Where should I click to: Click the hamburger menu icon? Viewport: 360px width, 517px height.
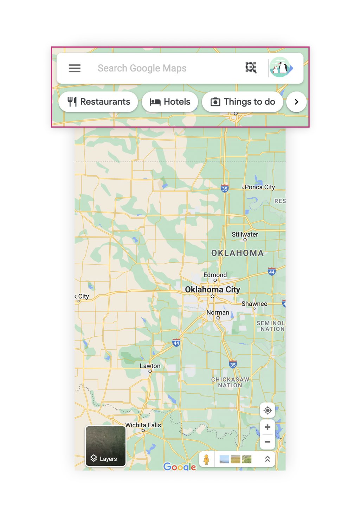(x=75, y=68)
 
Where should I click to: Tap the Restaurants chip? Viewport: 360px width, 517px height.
(x=98, y=102)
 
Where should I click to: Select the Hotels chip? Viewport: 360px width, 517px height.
(x=170, y=102)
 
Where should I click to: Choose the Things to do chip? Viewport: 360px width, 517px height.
(x=243, y=102)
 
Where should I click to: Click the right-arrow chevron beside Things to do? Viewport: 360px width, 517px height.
(x=296, y=102)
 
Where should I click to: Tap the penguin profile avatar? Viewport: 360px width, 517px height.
(x=280, y=67)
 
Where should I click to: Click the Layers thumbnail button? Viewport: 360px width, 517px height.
(x=105, y=446)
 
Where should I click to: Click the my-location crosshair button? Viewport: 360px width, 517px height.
(x=268, y=410)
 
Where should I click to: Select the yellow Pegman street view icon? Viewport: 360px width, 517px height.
(x=207, y=459)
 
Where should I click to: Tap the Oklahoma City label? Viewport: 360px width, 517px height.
(x=212, y=290)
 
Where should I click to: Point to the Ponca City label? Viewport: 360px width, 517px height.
(x=259, y=187)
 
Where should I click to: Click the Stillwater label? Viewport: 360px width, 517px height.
(x=245, y=234)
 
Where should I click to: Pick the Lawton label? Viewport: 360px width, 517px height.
(x=150, y=366)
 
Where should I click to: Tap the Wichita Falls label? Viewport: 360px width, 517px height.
(x=143, y=425)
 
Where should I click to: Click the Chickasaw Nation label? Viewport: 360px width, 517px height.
(x=230, y=382)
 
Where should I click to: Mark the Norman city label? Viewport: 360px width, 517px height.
(x=218, y=312)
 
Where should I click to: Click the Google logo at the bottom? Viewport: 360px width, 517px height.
(x=180, y=466)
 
